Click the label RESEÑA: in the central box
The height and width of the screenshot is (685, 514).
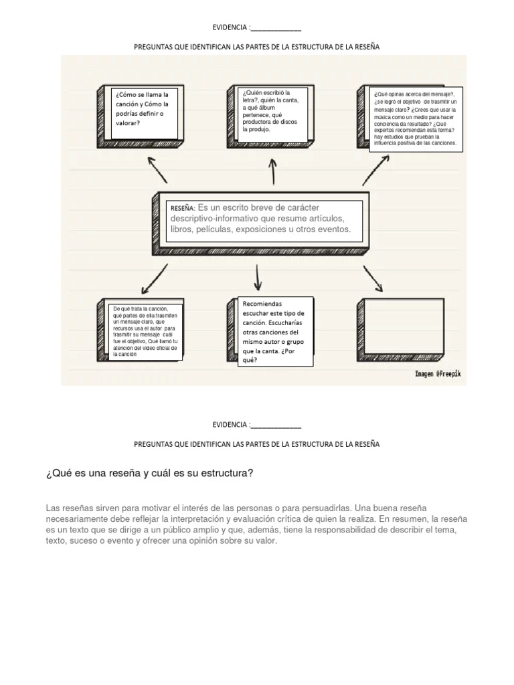182,208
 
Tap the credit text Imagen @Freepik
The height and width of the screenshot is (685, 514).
438,373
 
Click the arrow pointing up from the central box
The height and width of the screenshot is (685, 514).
272,172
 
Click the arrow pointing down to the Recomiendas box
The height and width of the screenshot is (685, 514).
258,276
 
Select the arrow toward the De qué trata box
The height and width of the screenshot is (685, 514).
154,278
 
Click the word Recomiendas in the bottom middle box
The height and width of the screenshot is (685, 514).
262,303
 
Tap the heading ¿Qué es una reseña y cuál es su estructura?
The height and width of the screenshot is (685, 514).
149,474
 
